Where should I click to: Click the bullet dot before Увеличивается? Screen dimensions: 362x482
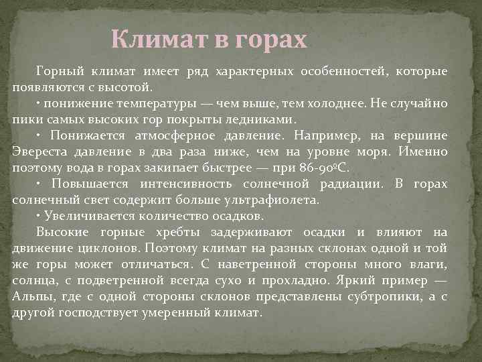click(x=38, y=216)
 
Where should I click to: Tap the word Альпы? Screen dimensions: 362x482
click(x=31, y=296)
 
